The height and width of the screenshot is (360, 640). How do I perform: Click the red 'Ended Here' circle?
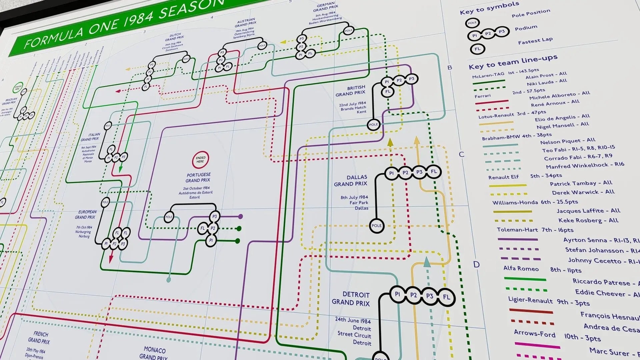point(200,160)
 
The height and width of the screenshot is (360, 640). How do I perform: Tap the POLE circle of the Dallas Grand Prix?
point(376,226)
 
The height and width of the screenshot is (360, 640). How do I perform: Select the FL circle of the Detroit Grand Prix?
point(446,297)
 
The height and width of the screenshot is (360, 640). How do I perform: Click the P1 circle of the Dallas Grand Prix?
point(391,173)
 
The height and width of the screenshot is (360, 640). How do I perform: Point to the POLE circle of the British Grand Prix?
point(373,125)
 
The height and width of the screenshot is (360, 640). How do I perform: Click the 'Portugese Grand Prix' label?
point(198,177)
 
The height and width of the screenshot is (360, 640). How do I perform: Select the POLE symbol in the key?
point(472,23)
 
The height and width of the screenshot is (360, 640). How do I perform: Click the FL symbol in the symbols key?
point(477,49)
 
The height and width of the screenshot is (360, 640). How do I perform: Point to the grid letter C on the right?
point(461,154)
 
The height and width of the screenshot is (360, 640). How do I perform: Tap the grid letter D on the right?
point(476,264)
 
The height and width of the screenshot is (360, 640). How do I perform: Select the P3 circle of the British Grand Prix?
point(412,79)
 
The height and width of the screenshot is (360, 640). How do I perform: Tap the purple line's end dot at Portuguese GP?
point(240,216)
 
